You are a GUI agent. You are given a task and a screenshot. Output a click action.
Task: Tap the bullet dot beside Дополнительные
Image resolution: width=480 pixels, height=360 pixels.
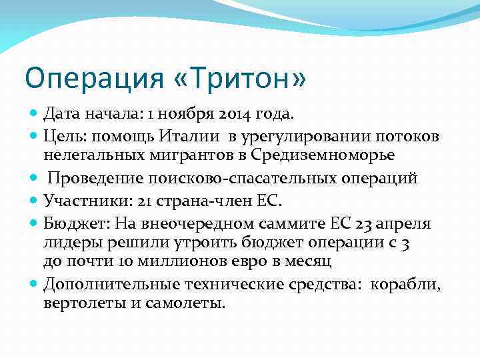34,284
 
